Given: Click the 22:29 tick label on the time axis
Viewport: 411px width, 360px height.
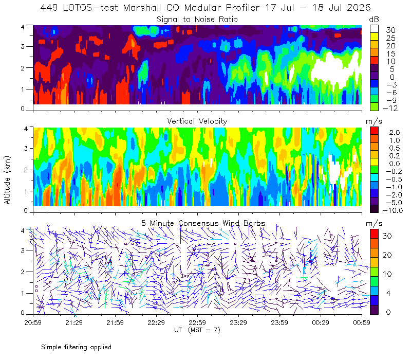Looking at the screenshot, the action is [x=156, y=322].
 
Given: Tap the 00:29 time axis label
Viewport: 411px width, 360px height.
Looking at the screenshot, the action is [x=321, y=322].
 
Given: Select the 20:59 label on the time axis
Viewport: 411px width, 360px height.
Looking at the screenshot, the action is [x=33, y=322].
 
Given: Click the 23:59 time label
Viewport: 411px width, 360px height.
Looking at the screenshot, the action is [x=279, y=322].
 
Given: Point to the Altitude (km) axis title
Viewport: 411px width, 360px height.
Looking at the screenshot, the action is [x=7, y=180].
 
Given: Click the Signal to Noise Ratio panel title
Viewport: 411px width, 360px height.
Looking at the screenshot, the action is [x=197, y=20].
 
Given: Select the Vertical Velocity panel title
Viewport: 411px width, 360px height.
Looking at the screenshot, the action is [x=197, y=121].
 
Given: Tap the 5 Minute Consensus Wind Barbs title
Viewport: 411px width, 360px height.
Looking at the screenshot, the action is [x=203, y=223].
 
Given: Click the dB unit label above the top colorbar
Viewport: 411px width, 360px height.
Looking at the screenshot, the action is [x=374, y=20].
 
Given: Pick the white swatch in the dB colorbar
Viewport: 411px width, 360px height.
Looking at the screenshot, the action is [x=374, y=29].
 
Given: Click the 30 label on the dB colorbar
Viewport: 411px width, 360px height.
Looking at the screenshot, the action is [x=390, y=30].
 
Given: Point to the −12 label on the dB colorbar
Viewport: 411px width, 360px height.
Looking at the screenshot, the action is [x=390, y=108].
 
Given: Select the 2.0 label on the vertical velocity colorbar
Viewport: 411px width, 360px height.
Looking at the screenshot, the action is [x=395, y=133].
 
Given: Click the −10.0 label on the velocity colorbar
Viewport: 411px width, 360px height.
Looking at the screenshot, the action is [x=393, y=210].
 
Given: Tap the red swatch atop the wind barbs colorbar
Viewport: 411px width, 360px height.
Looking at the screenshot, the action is [x=374, y=234].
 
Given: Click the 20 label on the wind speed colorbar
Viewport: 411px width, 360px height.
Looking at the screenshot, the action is [x=387, y=255].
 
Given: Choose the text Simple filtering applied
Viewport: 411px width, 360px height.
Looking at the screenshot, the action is [x=76, y=347].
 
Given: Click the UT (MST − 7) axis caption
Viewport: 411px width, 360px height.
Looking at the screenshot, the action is [x=197, y=330].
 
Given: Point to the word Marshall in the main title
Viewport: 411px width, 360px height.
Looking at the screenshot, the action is [x=142, y=8].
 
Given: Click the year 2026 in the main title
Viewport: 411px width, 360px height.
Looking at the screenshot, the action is [x=359, y=8].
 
